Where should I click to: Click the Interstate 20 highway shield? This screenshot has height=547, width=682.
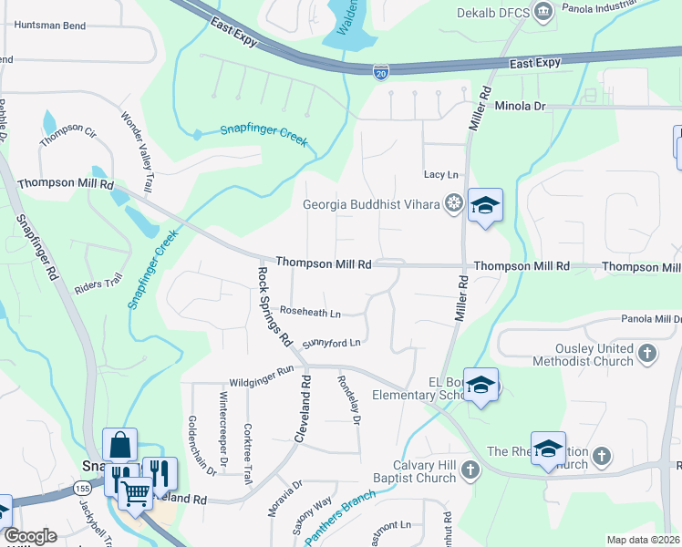(x=381, y=70)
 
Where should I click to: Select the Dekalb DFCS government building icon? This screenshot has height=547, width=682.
(x=544, y=12)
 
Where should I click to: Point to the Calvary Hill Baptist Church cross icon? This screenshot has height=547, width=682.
(x=470, y=470)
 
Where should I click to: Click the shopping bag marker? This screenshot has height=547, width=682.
(x=119, y=446)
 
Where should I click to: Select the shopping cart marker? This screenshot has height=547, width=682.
(x=136, y=493)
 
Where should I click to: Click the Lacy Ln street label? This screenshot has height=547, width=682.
(x=441, y=174)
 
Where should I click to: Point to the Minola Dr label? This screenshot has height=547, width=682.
(x=520, y=107)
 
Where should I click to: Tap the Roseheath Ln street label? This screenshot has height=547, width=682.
(x=309, y=312)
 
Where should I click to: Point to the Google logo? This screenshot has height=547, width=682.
(x=31, y=536)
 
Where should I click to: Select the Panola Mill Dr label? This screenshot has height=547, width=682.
(x=651, y=319)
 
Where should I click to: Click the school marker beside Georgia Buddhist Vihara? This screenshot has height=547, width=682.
(x=485, y=206)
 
